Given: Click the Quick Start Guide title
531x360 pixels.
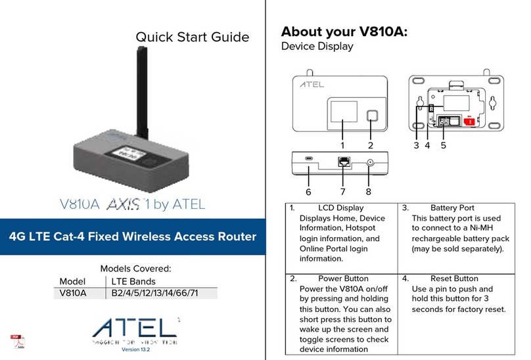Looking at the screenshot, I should point(192,37).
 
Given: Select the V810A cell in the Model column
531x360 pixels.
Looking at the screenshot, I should point(73,293).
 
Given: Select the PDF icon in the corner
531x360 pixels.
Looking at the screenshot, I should point(16,341).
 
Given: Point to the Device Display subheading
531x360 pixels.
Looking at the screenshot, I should point(317,47).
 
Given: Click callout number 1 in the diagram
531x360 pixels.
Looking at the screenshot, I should point(342,144).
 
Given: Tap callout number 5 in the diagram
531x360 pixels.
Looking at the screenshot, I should point(444,145).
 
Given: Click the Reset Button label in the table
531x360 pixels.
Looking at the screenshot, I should point(453,278).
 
